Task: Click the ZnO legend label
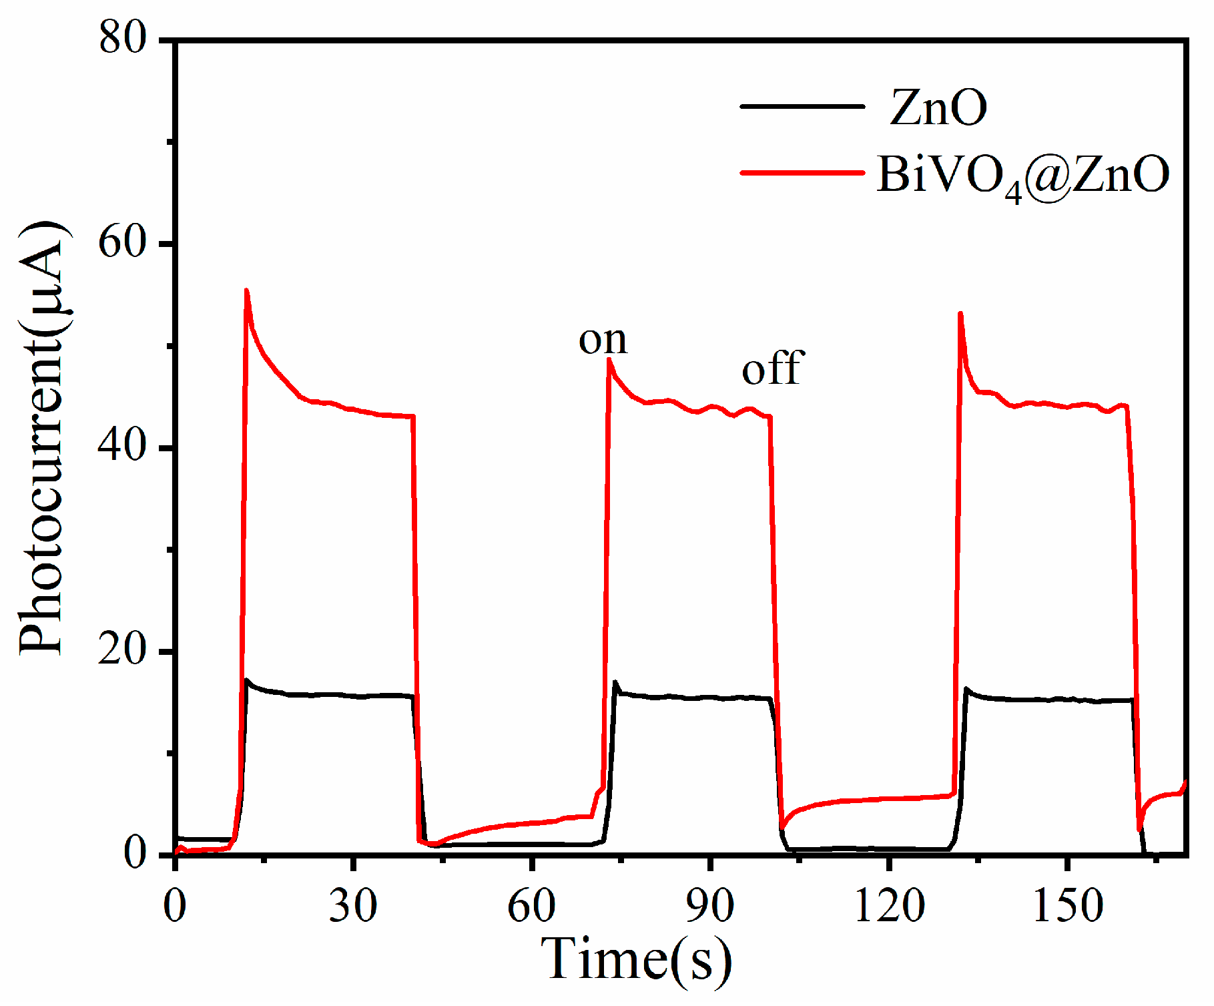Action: pyautogui.click(x=938, y=108)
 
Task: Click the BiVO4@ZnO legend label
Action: pyautogui.click(x=1022, y=176)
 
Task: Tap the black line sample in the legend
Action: pyautogui.click(x=802, y=106)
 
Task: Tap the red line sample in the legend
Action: pyautogui.click(x=802, y=173)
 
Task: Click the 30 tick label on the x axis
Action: pyautogui.click(x=353, y=907)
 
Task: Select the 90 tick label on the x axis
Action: pyautogui.click(x=710, y=907)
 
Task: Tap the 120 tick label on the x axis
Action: pyautogui.click(x=889, y=907)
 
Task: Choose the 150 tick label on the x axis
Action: pyautogui.click(x=1068, y=907)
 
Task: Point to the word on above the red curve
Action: pyautogui.click(x=603, y=340)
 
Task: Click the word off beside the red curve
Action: pyautogui.click(x=773, y=368)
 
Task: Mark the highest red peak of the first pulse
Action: pyautogui.click(x=246, y=290)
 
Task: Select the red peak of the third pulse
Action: pyautogui.click(x=960, y=313)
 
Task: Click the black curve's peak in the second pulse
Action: pyautogui.click(x=615, y=682)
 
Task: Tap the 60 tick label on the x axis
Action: pyautogui.click(x=531, y=907)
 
